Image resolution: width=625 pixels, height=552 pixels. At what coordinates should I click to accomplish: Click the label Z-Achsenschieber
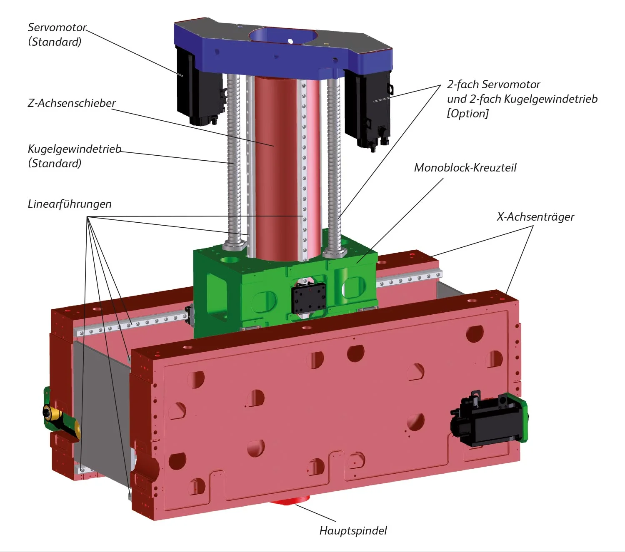72,103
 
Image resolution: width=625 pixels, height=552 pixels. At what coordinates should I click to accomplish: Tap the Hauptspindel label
353,530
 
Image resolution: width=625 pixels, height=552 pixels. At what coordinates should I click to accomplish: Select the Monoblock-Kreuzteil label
465,167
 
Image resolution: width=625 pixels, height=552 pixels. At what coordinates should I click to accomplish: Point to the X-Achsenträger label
535,216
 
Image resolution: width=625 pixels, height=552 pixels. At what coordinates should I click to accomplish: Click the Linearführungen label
70,204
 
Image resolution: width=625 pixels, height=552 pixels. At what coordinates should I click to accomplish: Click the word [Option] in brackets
467,113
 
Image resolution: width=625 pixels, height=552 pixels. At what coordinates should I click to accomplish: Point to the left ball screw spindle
233,160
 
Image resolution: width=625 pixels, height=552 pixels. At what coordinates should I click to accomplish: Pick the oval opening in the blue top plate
282,36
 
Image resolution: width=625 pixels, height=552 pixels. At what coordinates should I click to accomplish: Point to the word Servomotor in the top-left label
57,27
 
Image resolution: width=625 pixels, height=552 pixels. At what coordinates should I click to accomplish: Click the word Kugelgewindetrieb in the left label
74,149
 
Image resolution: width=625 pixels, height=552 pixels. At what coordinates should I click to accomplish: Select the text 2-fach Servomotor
493,84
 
